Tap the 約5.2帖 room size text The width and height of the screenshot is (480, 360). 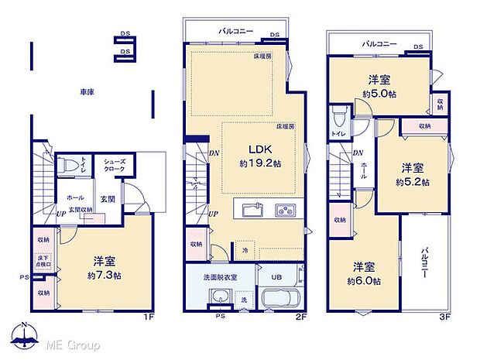point(412,182)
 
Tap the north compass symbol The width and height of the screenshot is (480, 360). point(25,334)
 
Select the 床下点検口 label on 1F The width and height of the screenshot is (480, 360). point(43,264)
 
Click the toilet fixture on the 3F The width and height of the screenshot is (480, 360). point(338,116)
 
